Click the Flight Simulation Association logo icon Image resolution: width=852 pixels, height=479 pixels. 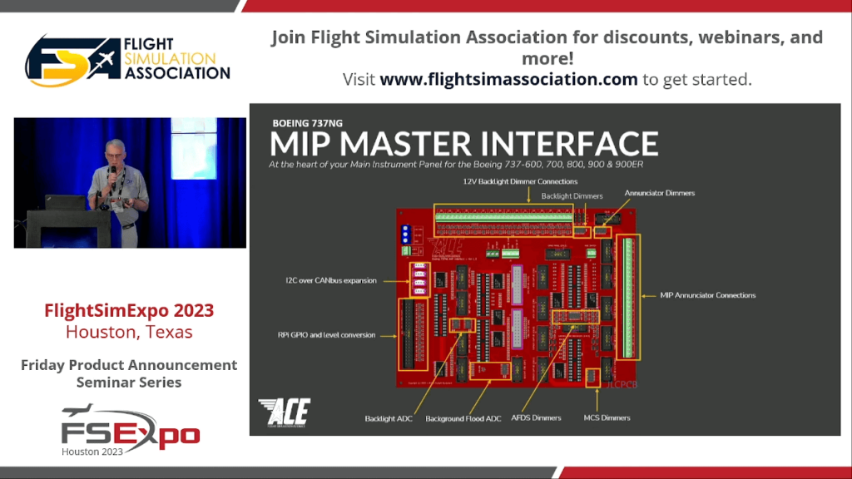pos(67,60)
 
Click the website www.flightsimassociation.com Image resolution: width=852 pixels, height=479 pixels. pos(508,80)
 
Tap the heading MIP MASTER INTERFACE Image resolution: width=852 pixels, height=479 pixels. pos(463,143)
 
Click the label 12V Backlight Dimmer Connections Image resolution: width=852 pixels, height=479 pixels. pos(520,181)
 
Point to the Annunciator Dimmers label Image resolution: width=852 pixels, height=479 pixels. pos(659,193)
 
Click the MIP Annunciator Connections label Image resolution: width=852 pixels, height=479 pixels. pos(707,295)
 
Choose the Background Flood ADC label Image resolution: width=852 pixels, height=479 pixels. pos(463,417)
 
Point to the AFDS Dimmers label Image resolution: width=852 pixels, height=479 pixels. pos(536,417)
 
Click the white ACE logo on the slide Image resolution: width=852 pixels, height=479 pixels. pos(284,411)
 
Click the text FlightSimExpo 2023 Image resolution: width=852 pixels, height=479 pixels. pos(129,311)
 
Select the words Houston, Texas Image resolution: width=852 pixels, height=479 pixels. pos(129,332)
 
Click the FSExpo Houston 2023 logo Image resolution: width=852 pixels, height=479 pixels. pos(130,431)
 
